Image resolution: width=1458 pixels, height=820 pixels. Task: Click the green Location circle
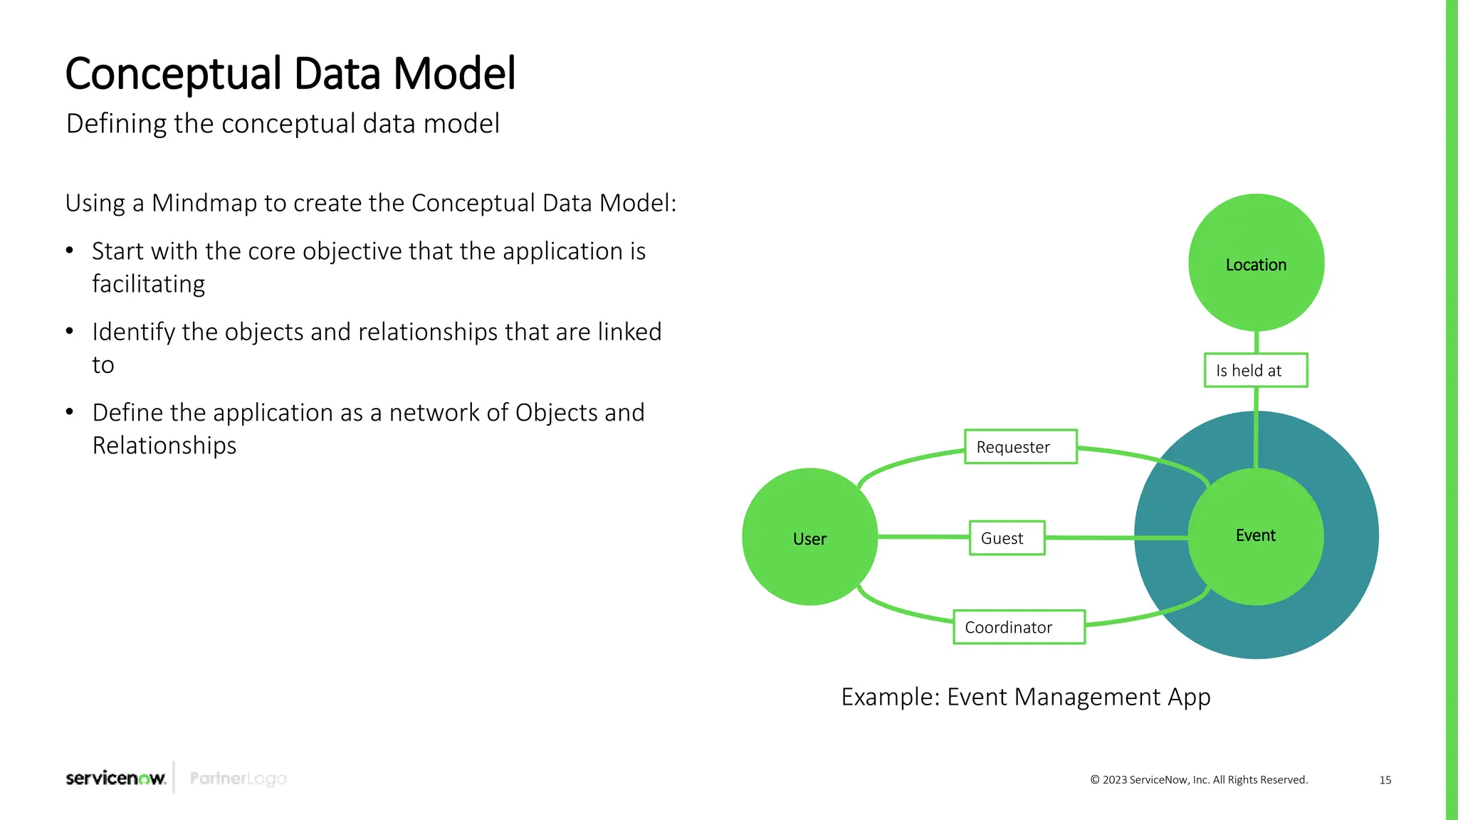coord(1256,263)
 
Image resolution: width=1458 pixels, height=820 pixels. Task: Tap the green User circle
coord(809,537)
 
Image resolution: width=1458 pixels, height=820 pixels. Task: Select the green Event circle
coord(1256,536)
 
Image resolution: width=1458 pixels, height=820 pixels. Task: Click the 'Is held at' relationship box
coord(1255,370)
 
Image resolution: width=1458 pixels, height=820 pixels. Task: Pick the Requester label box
coord(1020,447)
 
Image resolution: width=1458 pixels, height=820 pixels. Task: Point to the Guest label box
coord(1007,538)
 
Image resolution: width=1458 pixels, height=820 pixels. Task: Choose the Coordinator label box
coord(1019,627)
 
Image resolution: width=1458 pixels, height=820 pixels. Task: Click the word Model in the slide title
coord(454,73)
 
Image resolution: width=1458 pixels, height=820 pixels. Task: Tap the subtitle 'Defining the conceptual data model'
coord(283,124)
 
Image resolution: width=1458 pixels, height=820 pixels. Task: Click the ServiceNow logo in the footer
coord(115,778)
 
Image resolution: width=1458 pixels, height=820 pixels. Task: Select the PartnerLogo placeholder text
coord(238,779)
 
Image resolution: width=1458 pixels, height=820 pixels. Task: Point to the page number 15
coord(1385,780)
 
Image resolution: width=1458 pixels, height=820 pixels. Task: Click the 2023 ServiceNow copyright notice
coord(1199,780)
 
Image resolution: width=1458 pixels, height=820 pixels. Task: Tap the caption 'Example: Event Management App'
coord(1025,697)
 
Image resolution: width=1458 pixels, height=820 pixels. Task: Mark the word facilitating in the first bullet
coord(148,284)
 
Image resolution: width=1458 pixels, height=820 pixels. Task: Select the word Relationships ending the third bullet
coord(164,446)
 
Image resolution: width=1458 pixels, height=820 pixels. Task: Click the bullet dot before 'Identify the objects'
coord(70,331)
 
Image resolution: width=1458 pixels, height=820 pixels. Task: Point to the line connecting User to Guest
coord(923,536)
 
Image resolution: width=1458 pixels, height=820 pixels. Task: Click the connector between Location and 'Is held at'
coord(1256,342)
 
